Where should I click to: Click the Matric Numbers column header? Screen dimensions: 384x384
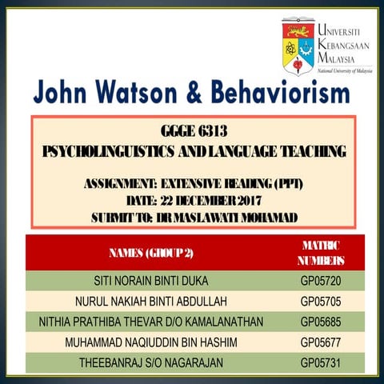[322, 253]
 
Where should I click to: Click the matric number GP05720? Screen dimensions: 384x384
[322, 282]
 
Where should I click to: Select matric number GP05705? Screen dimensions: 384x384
[322, 303]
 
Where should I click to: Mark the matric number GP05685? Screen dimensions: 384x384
[322, 323]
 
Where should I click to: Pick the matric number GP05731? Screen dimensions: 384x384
[322, 363]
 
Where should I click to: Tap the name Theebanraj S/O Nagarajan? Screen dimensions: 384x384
[151, 363]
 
